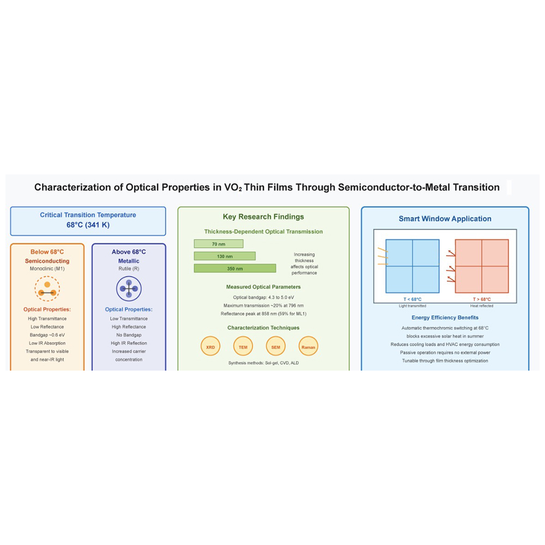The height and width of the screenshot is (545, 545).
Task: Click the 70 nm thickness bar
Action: tap(219, 244)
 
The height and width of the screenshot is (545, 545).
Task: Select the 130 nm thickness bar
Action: tap(225, 256)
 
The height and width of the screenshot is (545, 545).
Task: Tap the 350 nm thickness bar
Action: tap(235, 268)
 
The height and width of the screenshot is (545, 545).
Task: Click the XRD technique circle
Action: tap(210, 347)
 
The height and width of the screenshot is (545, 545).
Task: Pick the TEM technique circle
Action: tap(243, 347)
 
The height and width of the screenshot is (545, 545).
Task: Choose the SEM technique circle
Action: tap(275, 347)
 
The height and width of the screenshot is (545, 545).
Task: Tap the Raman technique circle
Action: tap(308, 347)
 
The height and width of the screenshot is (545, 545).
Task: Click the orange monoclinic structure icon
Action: tap(47, 289)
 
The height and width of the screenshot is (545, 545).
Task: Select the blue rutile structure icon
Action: tap(129, 289)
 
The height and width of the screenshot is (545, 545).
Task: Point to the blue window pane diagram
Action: tap(412, 266)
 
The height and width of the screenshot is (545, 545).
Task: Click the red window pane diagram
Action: tap(482, 266)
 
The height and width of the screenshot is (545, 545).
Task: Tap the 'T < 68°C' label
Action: tap(412, 299)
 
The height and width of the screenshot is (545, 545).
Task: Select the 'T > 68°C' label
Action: tap(482, 299)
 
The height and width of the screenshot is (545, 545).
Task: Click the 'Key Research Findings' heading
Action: tap(263, 217)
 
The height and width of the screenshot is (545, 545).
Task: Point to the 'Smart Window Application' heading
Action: tap(445, 219)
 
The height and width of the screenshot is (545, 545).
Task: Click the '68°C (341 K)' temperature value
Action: tap(88, 225)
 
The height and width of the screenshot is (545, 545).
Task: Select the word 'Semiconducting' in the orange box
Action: tap(47, 261)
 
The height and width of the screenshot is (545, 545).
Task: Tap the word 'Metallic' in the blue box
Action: tap(129, 261)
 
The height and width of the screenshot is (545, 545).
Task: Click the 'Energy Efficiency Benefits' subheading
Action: tap(445, 317)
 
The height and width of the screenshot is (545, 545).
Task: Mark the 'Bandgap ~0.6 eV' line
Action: tap(47, 335)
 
